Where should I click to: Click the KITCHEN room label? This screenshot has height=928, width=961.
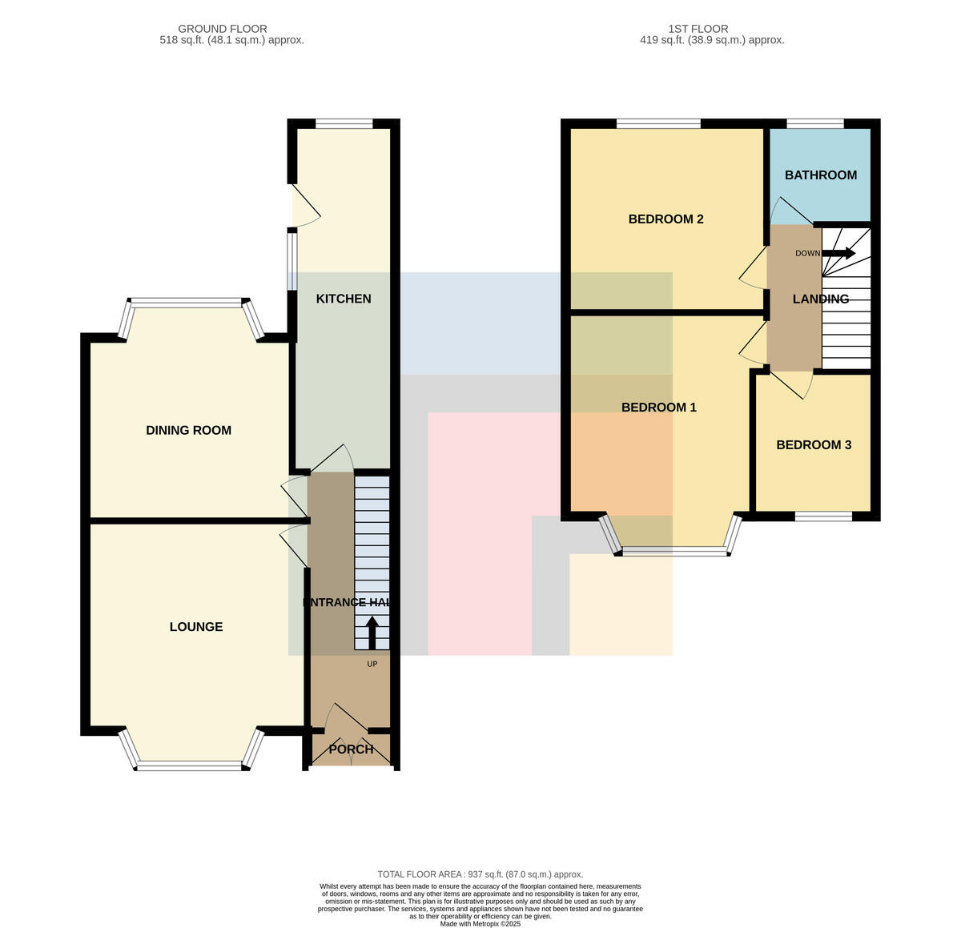tap(344, 299)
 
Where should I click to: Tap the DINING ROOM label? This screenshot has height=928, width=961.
tap(189, 430)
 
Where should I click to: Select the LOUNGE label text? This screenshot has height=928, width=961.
tap(196, 626)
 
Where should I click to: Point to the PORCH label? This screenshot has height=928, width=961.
tap(351, 749)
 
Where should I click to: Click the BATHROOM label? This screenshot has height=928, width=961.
tap(820, 175)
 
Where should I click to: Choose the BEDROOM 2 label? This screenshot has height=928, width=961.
tap(665, 219)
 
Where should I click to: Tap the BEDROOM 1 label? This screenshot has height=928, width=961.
tap(659, 407)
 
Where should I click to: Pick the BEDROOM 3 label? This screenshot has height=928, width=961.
tap(814, 444)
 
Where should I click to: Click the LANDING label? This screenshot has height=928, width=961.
tap(821, 299)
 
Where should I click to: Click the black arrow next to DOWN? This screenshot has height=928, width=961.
tap(838, 253)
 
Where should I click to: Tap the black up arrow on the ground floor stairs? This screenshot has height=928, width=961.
tap(372, 633)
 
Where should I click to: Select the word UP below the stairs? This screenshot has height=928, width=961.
tap(372, 664)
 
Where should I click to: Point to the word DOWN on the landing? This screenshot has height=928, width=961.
tap(807, 253)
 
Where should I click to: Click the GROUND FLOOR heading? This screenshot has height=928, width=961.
tap(222, 29)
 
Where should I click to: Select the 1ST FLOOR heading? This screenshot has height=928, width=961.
tap(698, 29)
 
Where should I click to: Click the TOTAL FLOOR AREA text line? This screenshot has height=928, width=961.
tap(480, 874)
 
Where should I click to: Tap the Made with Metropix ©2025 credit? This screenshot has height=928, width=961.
tap(480, 923)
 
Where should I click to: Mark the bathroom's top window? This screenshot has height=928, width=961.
tap(814, 123)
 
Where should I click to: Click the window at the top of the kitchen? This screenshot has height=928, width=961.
tap(344, 123)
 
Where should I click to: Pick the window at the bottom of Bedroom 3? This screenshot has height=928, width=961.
tap(824, 516)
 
